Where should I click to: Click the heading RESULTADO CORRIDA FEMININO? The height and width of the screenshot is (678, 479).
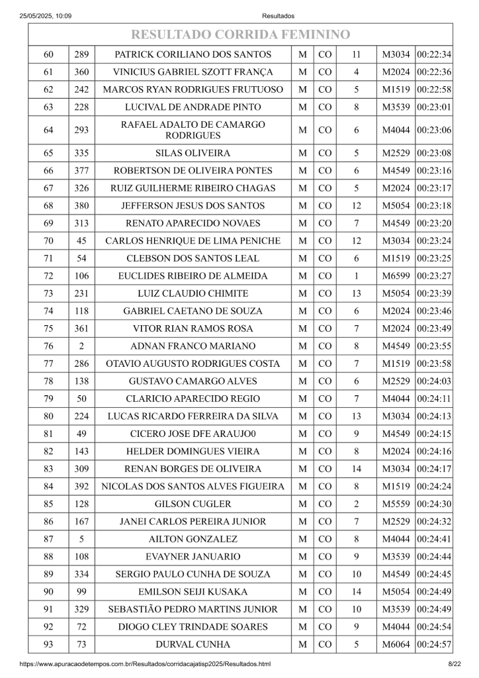240,34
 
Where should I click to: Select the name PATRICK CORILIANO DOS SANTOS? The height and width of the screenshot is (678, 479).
193,54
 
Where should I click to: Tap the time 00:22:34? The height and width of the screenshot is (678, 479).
435,54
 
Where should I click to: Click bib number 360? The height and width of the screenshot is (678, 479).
81,72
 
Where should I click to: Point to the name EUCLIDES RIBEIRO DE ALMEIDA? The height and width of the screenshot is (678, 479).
193,275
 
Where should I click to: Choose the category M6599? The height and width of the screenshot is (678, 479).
396,275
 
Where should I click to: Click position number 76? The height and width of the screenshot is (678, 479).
48,346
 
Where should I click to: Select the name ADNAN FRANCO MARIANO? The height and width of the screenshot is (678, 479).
193,346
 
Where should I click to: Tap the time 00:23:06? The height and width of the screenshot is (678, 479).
435,130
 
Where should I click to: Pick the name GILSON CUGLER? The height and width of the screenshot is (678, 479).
193,504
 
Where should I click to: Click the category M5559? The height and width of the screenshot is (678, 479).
396,504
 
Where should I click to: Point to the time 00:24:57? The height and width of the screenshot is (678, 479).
435,644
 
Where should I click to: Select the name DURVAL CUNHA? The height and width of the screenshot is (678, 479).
193,644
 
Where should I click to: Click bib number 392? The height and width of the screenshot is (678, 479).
81,487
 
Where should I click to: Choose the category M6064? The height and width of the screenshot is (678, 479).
396,644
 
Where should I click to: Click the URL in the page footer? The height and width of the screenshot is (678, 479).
146,663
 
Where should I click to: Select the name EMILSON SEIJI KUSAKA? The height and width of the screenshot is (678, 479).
193,592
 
